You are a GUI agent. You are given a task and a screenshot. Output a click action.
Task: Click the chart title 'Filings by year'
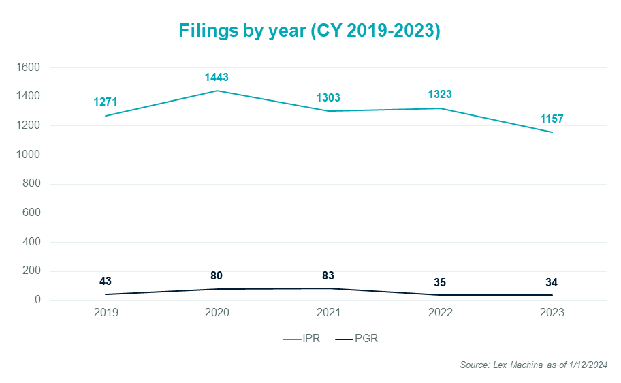[309, 31]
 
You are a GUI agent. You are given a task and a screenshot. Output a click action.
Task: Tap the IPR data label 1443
[217, 77]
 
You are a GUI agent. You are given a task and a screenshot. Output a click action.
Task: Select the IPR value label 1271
[106, 102]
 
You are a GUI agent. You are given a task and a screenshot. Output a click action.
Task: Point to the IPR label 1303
[328, 97]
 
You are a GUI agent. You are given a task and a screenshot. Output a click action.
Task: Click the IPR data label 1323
[440, 95]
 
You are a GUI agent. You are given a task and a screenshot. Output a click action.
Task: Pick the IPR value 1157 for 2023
[551, 119]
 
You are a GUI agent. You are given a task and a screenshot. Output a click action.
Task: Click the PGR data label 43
[106, 281]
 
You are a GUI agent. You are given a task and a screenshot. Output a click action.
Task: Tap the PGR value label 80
[217, 275]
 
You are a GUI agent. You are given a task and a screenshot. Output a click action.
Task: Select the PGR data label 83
[328, 275]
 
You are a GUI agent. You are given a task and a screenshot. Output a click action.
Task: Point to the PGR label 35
[440, 281]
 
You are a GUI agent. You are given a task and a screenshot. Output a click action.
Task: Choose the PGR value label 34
[551, 281]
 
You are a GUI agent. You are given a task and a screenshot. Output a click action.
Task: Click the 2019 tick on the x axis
[106, 313]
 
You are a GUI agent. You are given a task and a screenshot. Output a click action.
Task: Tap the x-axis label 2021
[328, 313]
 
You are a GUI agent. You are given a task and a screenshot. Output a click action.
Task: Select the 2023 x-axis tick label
[551, 313]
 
